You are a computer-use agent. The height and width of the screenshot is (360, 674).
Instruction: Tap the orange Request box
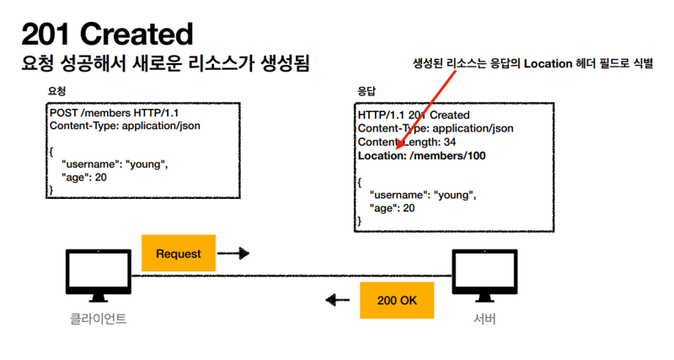coord(179,253)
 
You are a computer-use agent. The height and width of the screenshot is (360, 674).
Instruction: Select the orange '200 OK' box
coord(397,300)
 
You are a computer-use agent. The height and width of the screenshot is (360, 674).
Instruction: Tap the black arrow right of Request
coord(241,253)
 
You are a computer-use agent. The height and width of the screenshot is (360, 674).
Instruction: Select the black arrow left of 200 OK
coord(337,300)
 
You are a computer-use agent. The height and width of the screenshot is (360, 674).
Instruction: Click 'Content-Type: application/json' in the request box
coord(125,126)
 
